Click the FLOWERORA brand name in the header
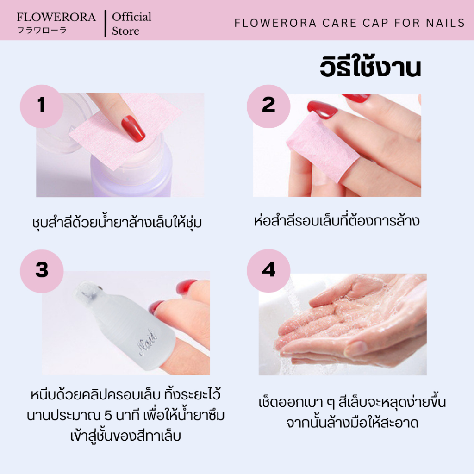pyautogui.click(x=56, y=17)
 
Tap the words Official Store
pyautogui.click(x=131, y=24)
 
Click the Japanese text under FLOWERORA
pyautogui.click(x=41, y=30)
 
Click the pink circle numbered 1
pyautogui.click(x=42, y=106)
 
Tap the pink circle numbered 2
pyautogui.click(x=268, y=106)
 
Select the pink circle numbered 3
pyautogui.click(x=42, y=271)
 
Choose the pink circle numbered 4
pyautogui.click(x=268, y=271)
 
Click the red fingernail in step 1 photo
pyautogui.click(x=133, y=129)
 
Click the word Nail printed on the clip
pyautogui.click(x=148, y=342)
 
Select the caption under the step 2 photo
pyautogui.click(x=337, y=221)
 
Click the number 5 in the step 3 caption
pyautogui.click(x=108, y=416)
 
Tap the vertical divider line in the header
pyautogui.click(x=105, y=24)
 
